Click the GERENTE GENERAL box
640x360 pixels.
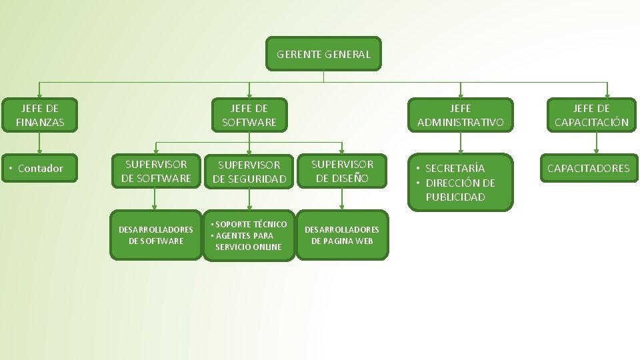coord(323,54)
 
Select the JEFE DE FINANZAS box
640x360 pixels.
coord(40,115)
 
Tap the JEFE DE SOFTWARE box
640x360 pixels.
coord(249,115)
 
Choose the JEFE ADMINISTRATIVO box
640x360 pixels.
coord(460,115)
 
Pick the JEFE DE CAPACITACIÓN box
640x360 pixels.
coord(591,115)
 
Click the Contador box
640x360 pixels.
coord(40,168)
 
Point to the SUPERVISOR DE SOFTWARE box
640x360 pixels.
coord(156,171)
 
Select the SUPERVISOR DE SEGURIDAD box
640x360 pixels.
coord(249,171)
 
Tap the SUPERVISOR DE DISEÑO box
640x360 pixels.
coord(342,171)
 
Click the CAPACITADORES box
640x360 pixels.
coord(588,168)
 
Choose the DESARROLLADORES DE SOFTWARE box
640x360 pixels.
coord(156,235)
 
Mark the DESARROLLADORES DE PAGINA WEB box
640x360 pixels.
coord(342,235)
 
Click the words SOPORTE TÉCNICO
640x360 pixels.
coord(251,224)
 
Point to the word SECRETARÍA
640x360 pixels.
coord(455,168)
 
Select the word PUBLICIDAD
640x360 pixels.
coord(455,197)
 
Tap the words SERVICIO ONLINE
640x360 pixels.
coord(249,247)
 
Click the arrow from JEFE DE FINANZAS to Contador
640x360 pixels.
coord(40,143)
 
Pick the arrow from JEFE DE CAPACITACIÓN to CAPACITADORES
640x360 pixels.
coord(596,143)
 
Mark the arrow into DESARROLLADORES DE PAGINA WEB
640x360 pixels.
coord(342,199)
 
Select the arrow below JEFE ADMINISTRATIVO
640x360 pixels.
coord(460,143)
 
